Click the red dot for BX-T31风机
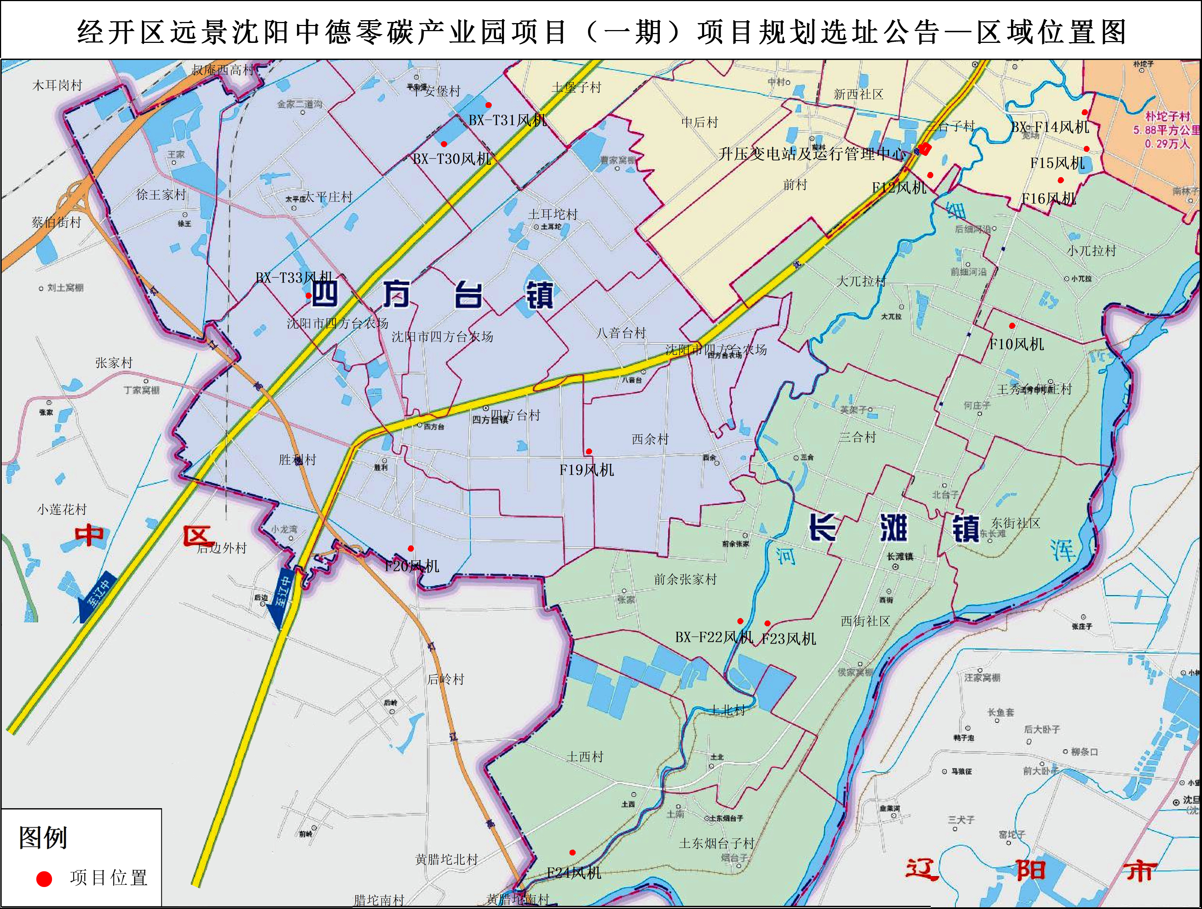pos(489,105)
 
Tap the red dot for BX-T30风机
pos(444,144)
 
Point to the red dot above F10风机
pos(1012,326)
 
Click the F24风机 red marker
pos(572,853)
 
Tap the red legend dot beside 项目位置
pos(44,879)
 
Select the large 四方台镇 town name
pos(432,295)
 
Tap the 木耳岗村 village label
pos(57,85)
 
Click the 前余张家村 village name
pos(685,579)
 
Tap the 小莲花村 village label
pos(62,509)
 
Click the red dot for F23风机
pos(767,623)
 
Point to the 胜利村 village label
pos(297,460)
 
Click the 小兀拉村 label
pos(1091,250)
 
